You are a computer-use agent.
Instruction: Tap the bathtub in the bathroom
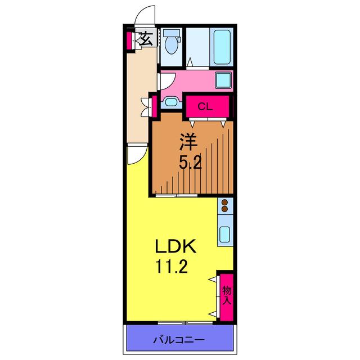pos(222,47)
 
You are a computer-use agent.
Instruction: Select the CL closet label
pos(205,106)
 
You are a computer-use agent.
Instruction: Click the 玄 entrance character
pos(146,39)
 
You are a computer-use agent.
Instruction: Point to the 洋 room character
pos(189,142)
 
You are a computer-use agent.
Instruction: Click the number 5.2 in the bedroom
pos(190,164)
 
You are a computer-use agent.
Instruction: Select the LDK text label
pos(176,246)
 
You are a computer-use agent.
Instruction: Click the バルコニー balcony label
pos(179,340)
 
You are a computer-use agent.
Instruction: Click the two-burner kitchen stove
pos(225,206)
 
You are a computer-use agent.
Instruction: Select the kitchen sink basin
pos(225,234)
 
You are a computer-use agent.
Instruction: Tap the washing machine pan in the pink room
pos(223,80)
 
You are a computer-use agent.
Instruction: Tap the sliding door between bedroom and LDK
pos(177,196)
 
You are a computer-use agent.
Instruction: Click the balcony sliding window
pos(186,323)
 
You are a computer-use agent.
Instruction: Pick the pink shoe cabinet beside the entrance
pos(129,40)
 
